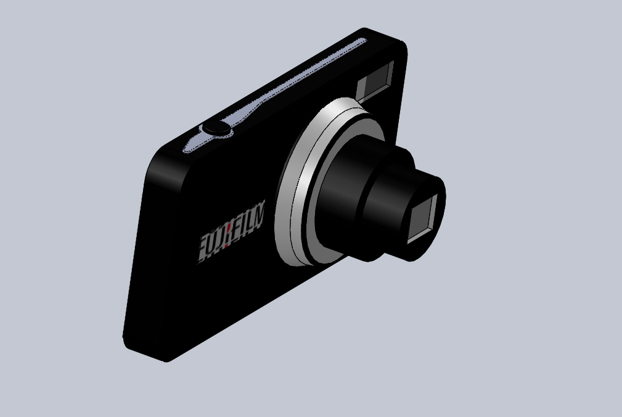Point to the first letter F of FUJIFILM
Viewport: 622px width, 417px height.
205,248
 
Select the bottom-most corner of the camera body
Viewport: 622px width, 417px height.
165,360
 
